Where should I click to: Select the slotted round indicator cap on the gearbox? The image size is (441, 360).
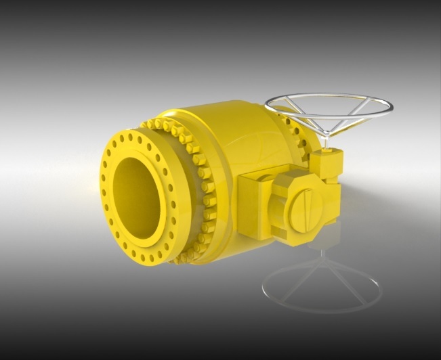(x=304, y=208)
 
